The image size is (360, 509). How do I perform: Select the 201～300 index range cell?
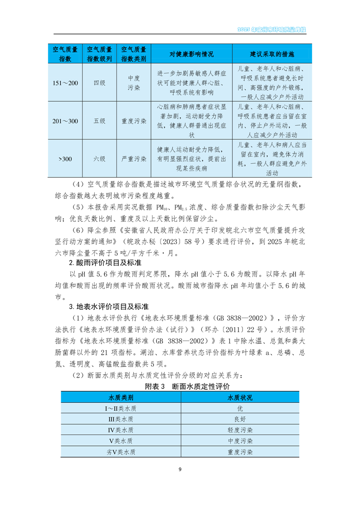65,121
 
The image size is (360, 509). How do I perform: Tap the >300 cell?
65,159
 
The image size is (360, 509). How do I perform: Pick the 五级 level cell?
99,121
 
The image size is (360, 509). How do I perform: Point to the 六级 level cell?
99,159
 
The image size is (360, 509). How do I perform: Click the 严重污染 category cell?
134,159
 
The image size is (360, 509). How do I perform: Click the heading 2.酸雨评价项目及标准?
98,263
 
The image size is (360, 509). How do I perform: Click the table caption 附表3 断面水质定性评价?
187,387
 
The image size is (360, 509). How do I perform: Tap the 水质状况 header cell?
240,397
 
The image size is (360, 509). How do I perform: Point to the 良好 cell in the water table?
240,419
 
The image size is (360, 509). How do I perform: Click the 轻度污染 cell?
240,430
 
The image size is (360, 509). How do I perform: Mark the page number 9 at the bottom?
180,469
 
